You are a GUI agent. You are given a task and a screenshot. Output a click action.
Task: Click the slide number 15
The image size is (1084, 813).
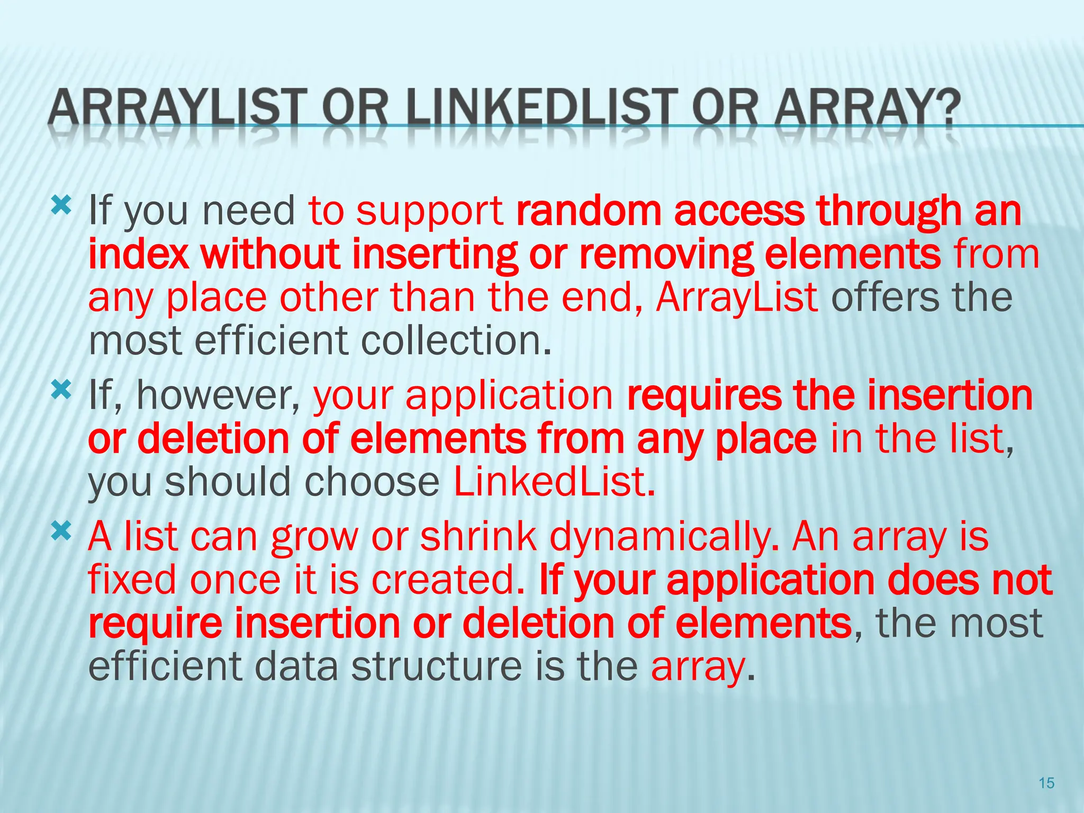click(1046, 783)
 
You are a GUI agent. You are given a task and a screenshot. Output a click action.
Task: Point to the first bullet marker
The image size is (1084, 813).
click(61, 205)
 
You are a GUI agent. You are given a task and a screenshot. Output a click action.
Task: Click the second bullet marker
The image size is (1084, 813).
click(61, 391)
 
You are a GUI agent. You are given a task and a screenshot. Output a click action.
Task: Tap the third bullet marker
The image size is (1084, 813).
click(61, 531)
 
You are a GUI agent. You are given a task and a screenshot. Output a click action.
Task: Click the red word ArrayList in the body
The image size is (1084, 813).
click(737, 297)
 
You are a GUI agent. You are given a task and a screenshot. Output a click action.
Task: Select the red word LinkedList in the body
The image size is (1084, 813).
click(554, 482)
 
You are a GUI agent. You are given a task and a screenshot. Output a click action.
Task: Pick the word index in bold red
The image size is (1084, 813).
click(139, 254)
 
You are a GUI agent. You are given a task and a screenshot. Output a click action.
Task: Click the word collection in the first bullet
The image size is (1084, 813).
click(456, 341)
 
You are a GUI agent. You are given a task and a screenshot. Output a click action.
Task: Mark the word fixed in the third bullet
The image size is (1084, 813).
click(132, 580)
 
